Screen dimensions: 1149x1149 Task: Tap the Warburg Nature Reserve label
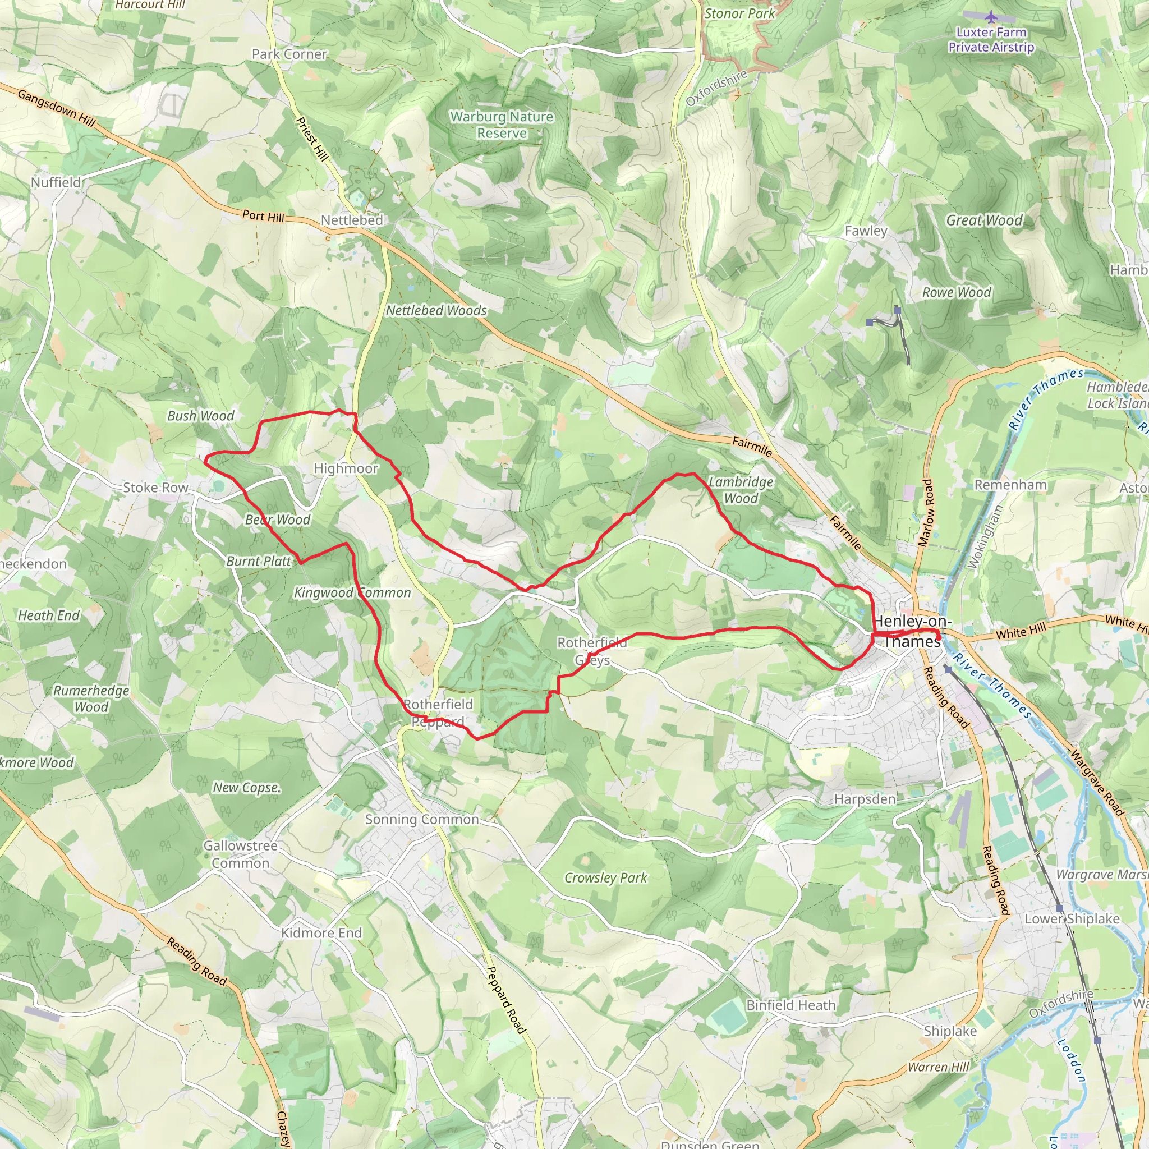click(502, 125)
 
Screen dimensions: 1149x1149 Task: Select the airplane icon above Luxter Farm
click(991, 16)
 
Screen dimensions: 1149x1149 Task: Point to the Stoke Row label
click(155, 488)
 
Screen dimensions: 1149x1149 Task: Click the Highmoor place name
click(346, 468)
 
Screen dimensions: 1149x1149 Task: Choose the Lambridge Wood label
click(741, 490)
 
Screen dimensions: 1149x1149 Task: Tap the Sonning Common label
click(422, 820)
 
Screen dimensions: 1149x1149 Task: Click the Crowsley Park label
click(605, 878)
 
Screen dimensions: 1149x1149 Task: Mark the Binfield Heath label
click(790, 1005)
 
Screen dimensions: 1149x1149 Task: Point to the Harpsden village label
click(864, 799)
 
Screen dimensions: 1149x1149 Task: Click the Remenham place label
click(1010, 485)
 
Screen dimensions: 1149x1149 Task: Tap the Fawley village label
click(866, 231)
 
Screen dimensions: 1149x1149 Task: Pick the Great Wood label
click(984, 220)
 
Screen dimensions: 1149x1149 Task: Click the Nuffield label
click(56, 182)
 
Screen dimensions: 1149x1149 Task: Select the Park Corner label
click(289, 54)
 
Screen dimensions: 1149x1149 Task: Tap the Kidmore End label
click(321, 933)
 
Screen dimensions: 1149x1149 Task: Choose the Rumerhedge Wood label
click(91, 699)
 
